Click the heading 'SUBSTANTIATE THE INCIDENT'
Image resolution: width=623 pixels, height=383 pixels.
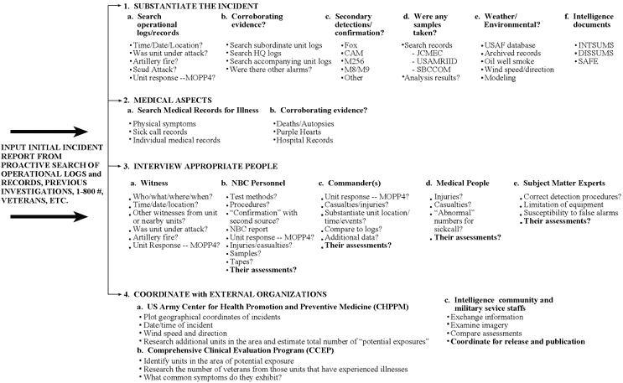(172, 7)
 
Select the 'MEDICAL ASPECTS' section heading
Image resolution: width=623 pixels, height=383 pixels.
(151, 99)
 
